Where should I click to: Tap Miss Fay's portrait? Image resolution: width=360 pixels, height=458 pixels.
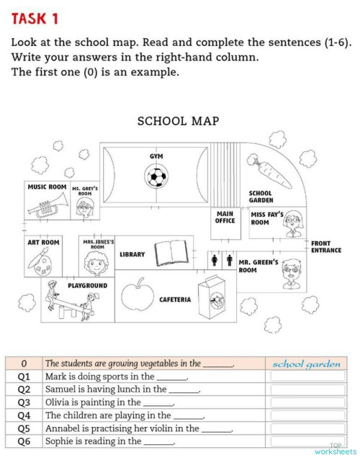pyautogui.click(x=292, y=225)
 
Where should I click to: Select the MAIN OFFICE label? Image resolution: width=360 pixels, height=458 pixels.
pyautogui.click(x=225, y=217)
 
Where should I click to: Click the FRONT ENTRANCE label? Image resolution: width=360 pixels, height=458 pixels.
pyautogui.click(x=325, y=247)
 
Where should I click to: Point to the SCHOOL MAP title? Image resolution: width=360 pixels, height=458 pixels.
pyautogui.click(x=178, y=122)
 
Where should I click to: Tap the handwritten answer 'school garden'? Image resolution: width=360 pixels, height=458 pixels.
pyautogui.click(x=307, y=364)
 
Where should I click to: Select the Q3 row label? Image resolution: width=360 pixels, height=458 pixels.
pyautogui.click(x=24, y=403)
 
